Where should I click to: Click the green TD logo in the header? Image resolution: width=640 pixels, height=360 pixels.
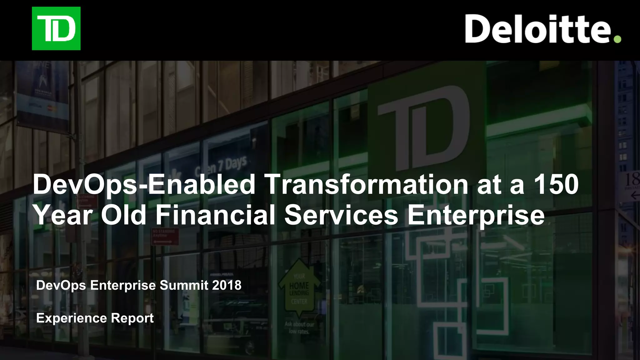(56, 28)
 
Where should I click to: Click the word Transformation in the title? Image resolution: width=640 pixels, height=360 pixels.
(366, 185)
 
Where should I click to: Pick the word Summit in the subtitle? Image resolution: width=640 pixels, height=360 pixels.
(184, 285)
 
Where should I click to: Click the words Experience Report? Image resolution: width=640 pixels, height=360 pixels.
(95, 318)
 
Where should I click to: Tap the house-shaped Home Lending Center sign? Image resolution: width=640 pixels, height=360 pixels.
(299, 289)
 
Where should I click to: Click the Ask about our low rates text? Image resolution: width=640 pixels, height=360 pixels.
(299, 327)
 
